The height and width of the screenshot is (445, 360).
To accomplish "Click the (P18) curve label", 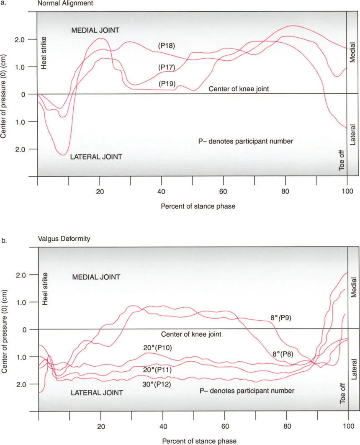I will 166,45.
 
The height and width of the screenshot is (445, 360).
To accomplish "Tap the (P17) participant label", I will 166,67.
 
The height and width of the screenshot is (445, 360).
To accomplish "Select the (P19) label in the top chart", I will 166,84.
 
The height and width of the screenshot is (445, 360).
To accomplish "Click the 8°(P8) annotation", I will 280,353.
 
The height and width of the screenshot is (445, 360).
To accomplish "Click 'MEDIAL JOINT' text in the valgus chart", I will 96,277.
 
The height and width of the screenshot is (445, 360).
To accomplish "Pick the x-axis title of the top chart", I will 193,207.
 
